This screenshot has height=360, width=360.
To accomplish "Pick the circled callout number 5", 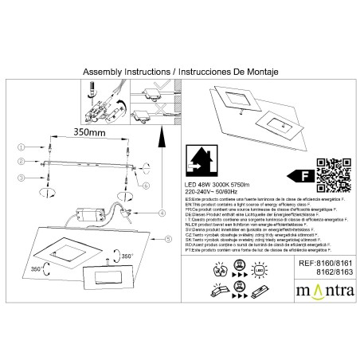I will coord(163,238).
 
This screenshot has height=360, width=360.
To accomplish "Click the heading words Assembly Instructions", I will coord(124,71).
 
